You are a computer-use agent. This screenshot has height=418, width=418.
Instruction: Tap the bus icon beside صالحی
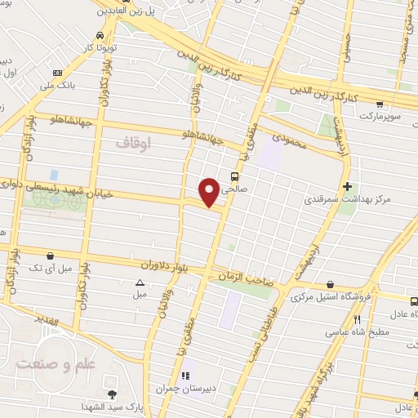tap(235, 175)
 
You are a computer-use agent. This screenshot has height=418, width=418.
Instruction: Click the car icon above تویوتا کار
tap(99, 36)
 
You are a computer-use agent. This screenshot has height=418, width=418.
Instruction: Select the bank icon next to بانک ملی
tap(56, 73)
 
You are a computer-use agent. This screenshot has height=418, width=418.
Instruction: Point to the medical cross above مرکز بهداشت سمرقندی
tap(348, 186)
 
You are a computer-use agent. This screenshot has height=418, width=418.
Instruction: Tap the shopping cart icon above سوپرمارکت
tap(380, 104)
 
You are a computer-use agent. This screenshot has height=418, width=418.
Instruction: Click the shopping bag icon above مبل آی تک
tap(51, 256)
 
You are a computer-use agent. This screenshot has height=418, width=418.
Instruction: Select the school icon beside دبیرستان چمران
tap(185, 376)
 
